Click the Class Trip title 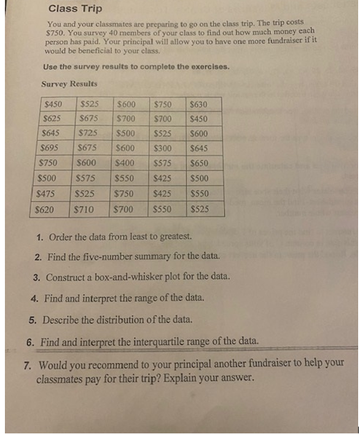[x=75, y=9]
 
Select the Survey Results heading [x=69, y=84]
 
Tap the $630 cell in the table [x=200, y=105]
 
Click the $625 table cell [x=52, y=118]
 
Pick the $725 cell [x=89, y=133]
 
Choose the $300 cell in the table [x=163, y=148]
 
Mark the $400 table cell [x=125, y=164]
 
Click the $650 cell [x=199, y=164]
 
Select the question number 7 [x=28, y=363]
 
